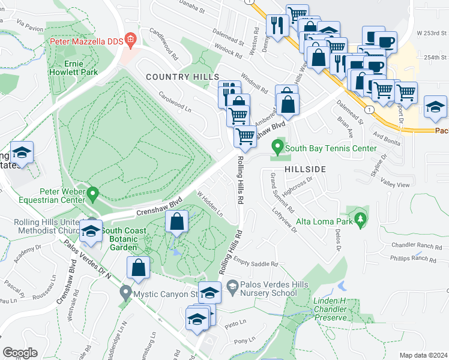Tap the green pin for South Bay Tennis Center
point(277,146)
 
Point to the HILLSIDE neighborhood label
point(305,169)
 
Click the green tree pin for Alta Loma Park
point(360,219)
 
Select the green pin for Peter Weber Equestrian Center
point(92,193)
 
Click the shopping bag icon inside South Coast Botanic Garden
point(177,223)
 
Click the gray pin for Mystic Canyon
point(125,294)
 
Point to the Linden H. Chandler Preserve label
point(330,308)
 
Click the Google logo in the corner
point(20,353)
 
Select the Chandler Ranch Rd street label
point(413,246)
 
